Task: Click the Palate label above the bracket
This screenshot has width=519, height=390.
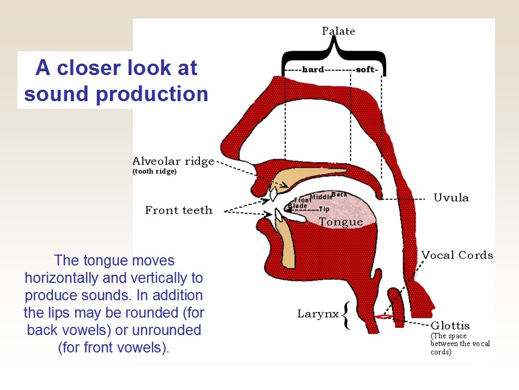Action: pos(338,30)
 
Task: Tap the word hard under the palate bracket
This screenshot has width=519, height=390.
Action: pos(313,70)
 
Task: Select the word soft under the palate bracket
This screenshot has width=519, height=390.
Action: pos(367,70)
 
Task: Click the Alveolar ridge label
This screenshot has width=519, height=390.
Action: pos(173,162)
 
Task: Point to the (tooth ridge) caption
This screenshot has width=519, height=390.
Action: pos(155,172)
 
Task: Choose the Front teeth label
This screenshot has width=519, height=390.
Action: pos(179,210)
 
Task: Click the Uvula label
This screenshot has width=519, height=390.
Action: pos(451,197)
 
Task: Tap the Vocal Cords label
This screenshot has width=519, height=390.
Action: pos(457,255)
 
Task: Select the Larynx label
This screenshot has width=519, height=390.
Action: pos(317,314)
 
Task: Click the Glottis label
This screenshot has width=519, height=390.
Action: pos(450,326)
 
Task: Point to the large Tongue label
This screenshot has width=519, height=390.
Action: pos(340,222)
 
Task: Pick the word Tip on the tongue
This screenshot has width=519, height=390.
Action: pos(324,209)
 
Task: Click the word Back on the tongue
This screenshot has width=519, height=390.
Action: pos(339,194)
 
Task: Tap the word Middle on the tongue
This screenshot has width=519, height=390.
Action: pos(320,197)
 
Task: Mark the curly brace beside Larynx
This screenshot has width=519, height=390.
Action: pos(345,315)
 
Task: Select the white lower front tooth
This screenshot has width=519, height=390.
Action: pos(278,215)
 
